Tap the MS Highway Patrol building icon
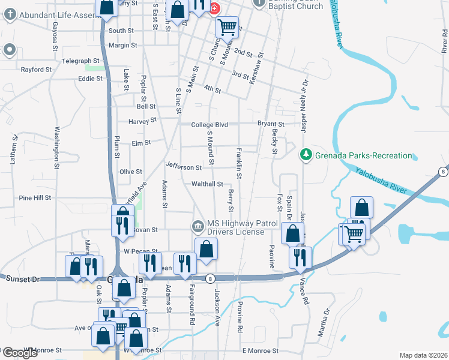[x=197, y=226]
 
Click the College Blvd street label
[x=209, y=124]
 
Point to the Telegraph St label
[x=80, y=61]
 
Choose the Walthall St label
[x=207, y=184]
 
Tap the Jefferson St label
[x=184, y=167]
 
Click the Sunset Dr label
[x=22, y=279]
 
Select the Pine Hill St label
[x=35, y=197]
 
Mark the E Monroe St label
[x=261, y=350]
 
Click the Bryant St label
[x=271, y=124]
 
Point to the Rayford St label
[x=37, y=70]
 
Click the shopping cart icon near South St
[x=226, y=26]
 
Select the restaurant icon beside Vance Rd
[x=300, y=256]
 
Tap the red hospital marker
[x=214, y=8]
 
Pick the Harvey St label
[x=142, y=120]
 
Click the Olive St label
[x=130, y=172]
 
